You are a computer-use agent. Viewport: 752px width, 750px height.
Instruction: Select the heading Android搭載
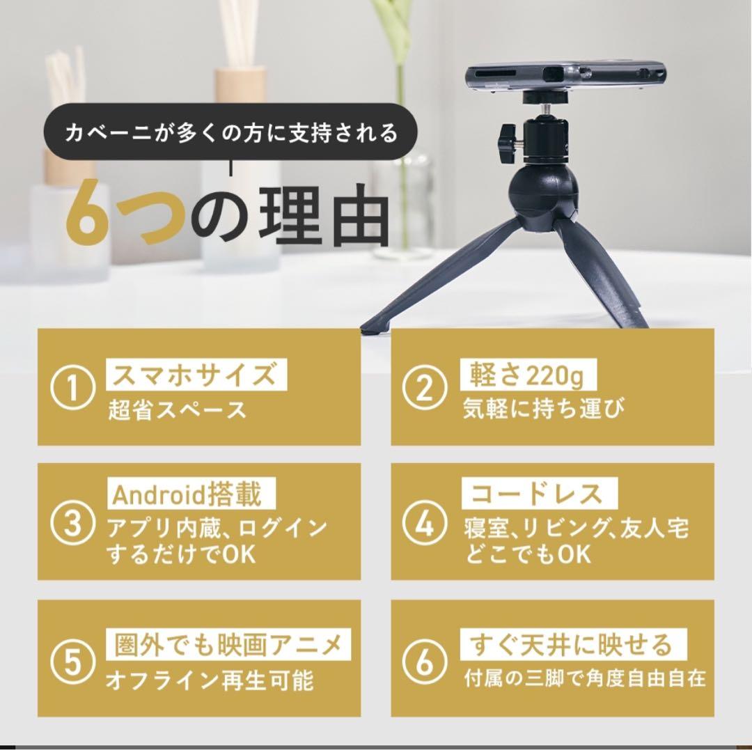click(x=188, y=494)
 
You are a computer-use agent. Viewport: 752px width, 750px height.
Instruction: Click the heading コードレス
click(x=536, y=494)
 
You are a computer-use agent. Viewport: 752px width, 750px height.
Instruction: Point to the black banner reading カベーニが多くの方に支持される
click(x=231, y=133)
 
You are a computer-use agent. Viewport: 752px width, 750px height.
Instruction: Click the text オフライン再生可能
click(x=209, y=680)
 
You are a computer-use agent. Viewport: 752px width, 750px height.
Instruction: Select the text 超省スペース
click(x=177, y=409)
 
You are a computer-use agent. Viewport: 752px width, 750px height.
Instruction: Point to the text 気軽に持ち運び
click(x=544, y=409)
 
